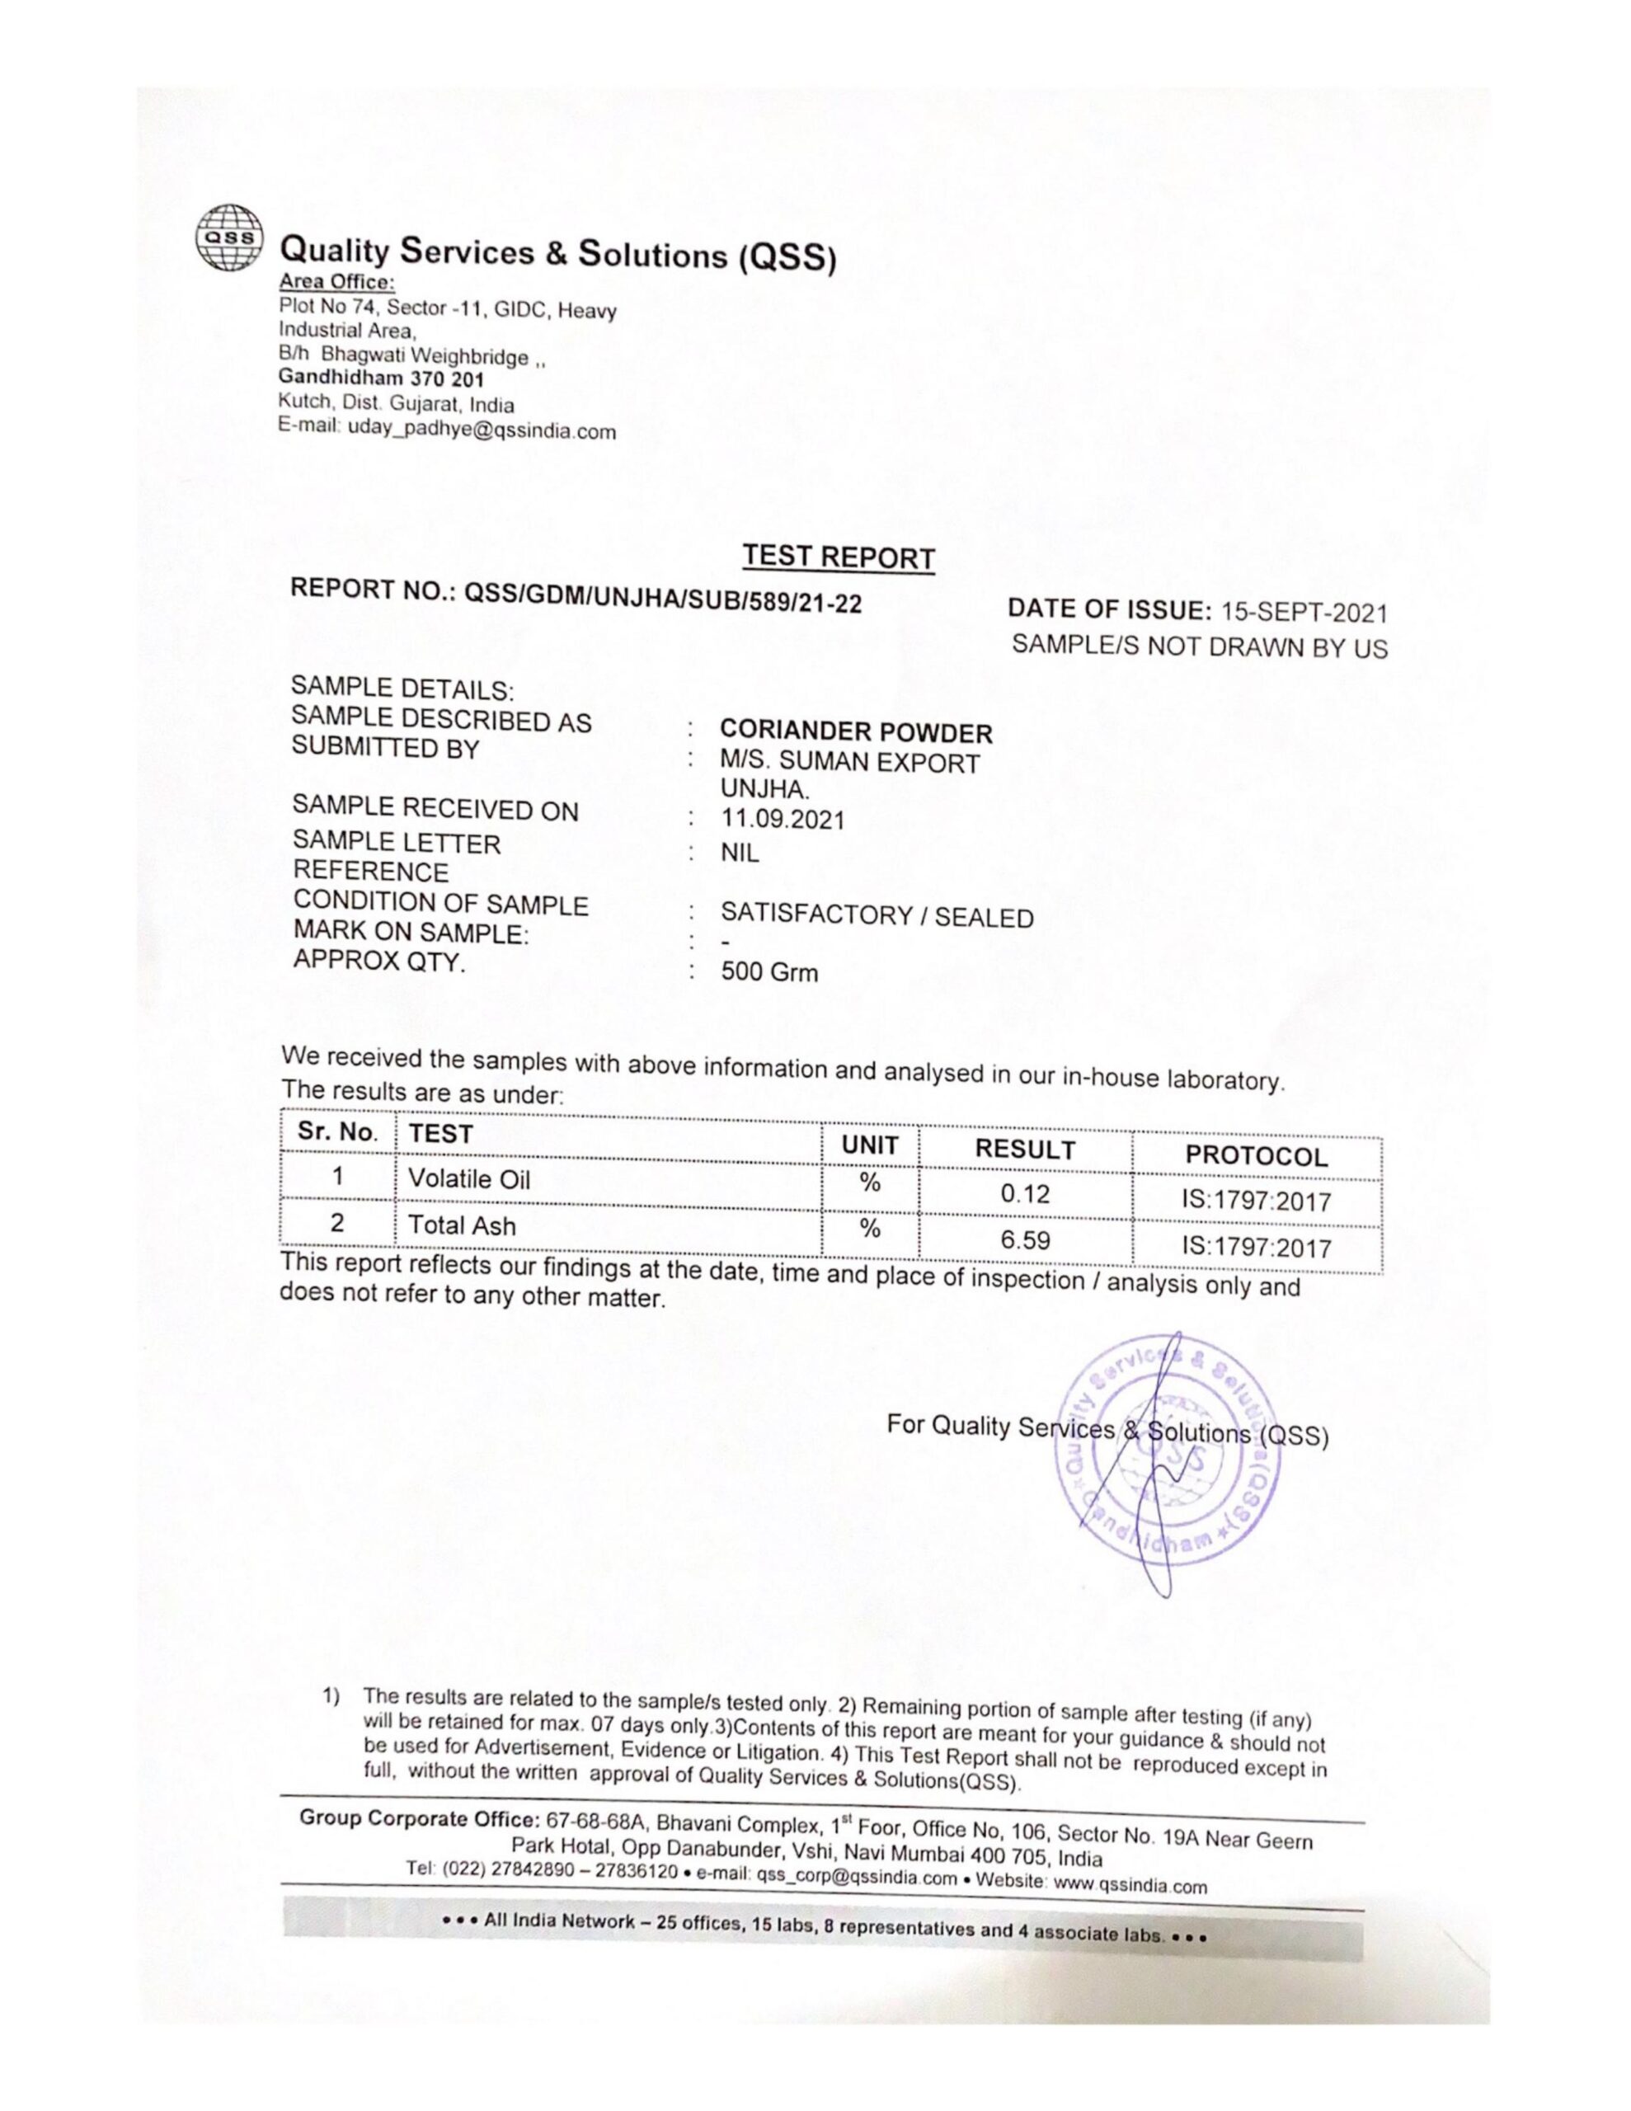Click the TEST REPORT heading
(x=839, y=557)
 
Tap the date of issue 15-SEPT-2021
(x=1304, y=612)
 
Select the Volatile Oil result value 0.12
(x=1025, y=1194)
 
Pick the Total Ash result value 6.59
(x=1025, y=1240)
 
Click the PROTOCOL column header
(x=1256, y=1156)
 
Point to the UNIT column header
(x=870, y=1145)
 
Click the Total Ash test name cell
(x=462, y=1225)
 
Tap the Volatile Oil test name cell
(x=469, y=1179)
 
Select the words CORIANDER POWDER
(x=856, y=732)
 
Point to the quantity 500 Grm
(x=768, y=971)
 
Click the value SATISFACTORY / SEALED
(x=877, y=915)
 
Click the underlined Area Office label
(x=336, y=282)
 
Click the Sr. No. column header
(x=336, y=1132)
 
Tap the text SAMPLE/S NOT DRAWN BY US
(x=1199, y=646)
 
